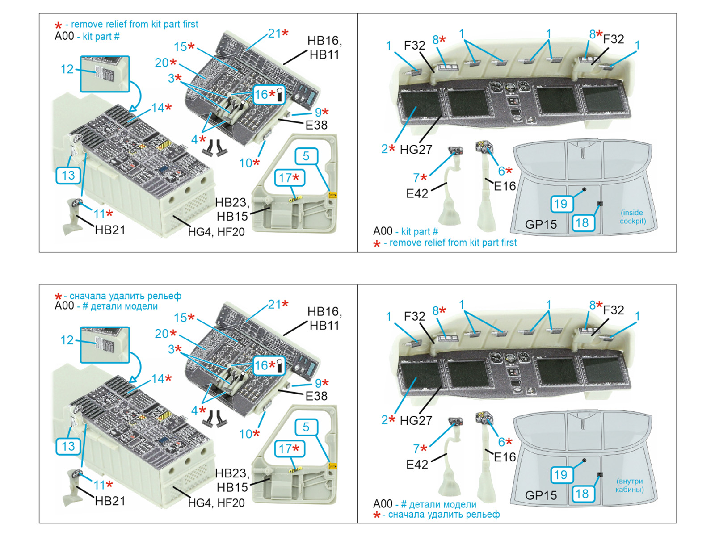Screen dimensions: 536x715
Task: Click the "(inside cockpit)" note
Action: (632, 217)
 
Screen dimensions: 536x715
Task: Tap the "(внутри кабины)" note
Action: (629, 485)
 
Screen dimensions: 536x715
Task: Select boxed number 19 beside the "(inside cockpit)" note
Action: (560, 204)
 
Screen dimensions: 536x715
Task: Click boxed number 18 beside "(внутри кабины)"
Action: (582, 494)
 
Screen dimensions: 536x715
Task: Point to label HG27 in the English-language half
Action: (416, 150)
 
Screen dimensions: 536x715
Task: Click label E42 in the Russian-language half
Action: (417, 465)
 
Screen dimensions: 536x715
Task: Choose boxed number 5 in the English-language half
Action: (306, 156)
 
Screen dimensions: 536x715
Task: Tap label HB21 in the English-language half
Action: (110, 230)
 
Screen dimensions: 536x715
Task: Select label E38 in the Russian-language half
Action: (316, 396)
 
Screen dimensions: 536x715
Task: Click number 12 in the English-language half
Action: (67, 69)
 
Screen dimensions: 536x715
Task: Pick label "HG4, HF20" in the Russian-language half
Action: (216, 503)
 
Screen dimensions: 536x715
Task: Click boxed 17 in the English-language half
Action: (289, 178)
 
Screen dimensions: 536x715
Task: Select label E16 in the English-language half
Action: (505, 186)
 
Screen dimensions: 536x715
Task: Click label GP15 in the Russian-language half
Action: (541, 495)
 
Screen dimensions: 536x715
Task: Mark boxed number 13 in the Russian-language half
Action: (68, 446)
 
